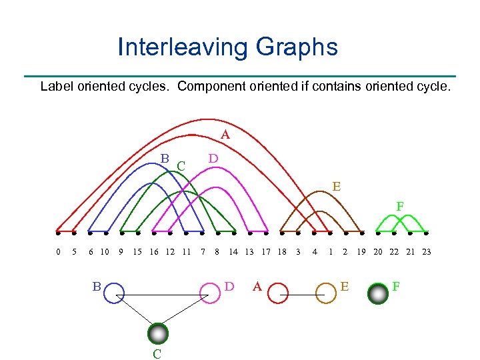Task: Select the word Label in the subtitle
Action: pyautogui.click(x=57, y=86)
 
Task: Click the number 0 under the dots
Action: pyautogui.click(x=58, y=251)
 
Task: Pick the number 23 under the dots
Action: pyautogui.click(x=427, y=251)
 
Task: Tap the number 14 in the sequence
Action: pyautogui.click(x=233, y=251)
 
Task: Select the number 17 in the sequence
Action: pyautogui.click(x=265, y=251)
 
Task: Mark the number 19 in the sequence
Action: pyautogui.click(x=361, y=251)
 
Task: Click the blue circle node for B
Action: pyautogui.click(x=114, y=293)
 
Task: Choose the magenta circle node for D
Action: pyautogui.click(x=210, y=293)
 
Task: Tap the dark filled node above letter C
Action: pyautogui.click(x=158, y=333)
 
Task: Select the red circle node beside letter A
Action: pyautogui.click(x=279, y=293)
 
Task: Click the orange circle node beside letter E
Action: pyautogui.click(x=325, y=293)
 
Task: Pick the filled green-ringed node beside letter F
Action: pyautogui.click(x=378, y=293)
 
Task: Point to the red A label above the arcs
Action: pyautogui.click(x=225, y=135)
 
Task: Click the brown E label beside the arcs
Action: pyautogui.click(x=337, y=187)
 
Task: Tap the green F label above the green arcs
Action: pyautogui.click(x=400, y=207)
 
